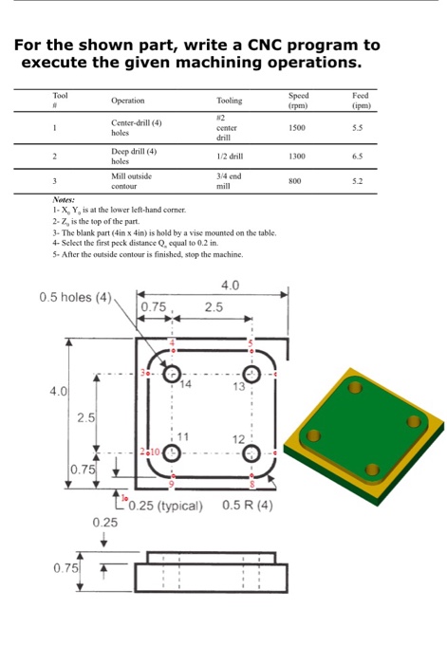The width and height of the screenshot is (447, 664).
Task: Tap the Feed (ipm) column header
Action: [x=360, y=101]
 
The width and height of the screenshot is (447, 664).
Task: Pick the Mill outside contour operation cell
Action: [x=131, y=180]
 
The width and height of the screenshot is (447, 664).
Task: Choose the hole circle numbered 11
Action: [x=173, y=452]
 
